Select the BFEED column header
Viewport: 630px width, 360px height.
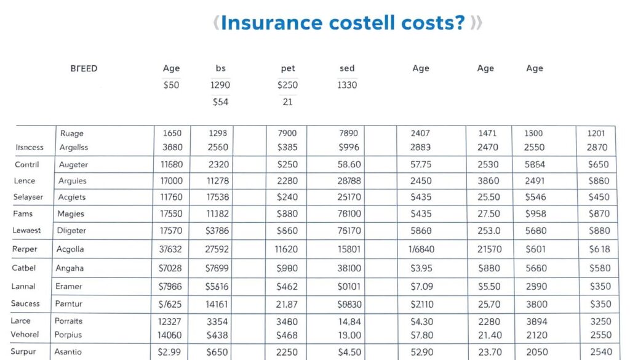tap(84, 68)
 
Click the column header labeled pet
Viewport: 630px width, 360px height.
tap(287, 68)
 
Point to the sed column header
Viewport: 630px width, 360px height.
tap(347, 68)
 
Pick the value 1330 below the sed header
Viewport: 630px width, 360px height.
tap(347, 85)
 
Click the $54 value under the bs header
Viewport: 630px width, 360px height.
tap(220, 102)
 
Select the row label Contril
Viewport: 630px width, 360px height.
tap(26, 164)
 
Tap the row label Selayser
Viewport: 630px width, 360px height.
tap(28, 197)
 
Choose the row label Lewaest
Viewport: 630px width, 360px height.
tap(28, 230)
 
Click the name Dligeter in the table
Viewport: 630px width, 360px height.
tap(72, 230)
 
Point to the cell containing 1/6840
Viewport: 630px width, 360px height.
tap(421, 249)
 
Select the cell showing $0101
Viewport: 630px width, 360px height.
tap(349, 286)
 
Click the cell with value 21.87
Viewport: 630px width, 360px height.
tap(287, 304)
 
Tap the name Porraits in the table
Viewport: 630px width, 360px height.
tap(68, 321)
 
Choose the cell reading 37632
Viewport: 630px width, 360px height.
tap(171, 249)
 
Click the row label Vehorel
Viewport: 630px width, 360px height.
tap(25, 334)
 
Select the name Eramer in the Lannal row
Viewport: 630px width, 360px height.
tap(68, 286)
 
